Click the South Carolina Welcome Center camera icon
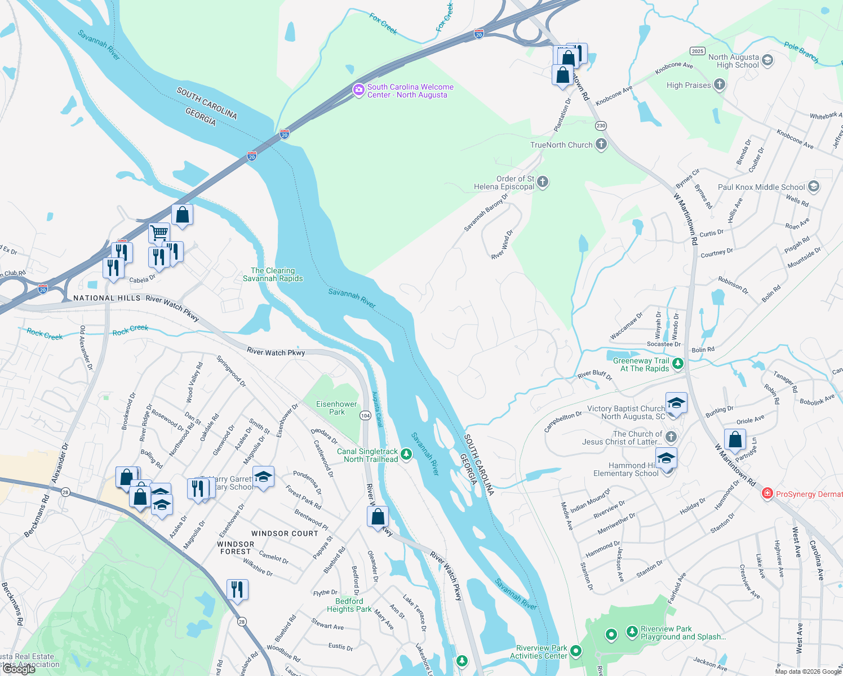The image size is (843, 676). [x=358, y=90]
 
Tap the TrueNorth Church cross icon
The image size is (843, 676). [x=601, y=144]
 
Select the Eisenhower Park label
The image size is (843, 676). [x=336, y=408]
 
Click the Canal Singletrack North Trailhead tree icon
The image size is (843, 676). [x=406, y=454]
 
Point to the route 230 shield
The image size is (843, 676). [x=601, y=126]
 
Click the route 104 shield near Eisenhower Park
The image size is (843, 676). [x=365, y=415]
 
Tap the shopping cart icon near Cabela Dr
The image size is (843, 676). [x=159, y=232]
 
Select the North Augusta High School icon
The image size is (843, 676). [x=767, y=60]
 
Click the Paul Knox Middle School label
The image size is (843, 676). [x=761, y=187]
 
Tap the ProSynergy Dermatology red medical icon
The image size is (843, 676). [x=767, y=493]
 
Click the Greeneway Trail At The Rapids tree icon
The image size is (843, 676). [x=678, y=363]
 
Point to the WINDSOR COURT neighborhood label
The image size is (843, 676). [x=285, y=533]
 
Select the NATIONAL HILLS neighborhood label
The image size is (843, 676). [x=107, y=298]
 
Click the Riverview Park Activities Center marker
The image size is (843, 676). [x=575, y=651]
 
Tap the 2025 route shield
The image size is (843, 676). [x=698, y=51]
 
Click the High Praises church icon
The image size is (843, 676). [x=719, y=85]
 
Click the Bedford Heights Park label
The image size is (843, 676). [x=349, y=605]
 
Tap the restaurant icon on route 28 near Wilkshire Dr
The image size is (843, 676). [x=237, y=589]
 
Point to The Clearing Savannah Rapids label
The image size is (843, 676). [x=273, y=274]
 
